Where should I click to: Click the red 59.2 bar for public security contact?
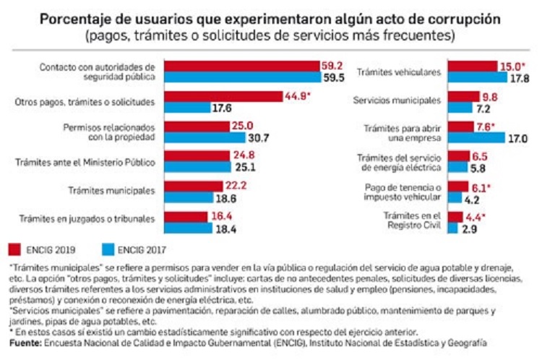point(242,64)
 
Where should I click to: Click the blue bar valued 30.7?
point(207,138)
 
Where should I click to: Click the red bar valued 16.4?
point(186,216)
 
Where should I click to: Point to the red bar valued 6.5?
point(458,156)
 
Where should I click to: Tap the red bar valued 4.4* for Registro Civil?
point(455,216)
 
